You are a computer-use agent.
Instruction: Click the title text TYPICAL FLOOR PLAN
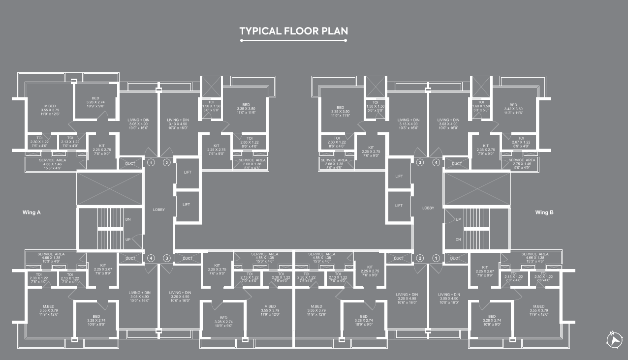[293, 31]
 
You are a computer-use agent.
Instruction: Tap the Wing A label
[32, 212]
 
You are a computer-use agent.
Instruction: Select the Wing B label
[544, 212]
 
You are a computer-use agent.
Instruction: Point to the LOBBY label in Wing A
[158, 210]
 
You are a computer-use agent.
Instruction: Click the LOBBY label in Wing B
[428, 208]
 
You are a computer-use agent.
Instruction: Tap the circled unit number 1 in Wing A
[151, 163]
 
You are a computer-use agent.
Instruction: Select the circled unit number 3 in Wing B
[420, 162]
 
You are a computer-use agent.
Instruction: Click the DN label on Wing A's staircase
[128, 219]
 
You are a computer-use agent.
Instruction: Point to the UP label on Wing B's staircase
[458, 219]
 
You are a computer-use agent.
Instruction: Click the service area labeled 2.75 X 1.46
[522, 162]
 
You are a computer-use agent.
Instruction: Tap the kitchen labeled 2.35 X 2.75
[486, 149]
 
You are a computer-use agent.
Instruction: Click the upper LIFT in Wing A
[187, 172]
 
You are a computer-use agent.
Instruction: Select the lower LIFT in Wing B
[399, 206]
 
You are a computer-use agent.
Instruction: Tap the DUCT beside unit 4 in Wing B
[457, 163]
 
